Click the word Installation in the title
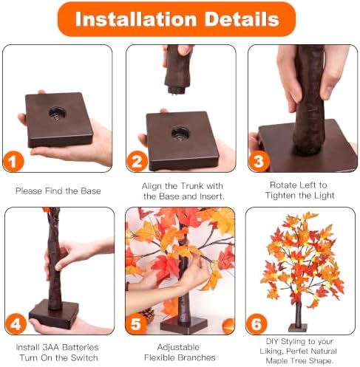pos(136,19)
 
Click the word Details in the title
pos(242,19)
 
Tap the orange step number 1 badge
pos(13,162)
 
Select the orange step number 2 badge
pos(137,162)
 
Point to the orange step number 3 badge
pos(259,162)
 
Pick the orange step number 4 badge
pos(16,324)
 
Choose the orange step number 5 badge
pos(136,324)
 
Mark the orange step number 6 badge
pos(257,324)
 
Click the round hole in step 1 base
pos(57,114)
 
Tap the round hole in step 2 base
pos(180,134)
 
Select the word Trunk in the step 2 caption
pos(191,186)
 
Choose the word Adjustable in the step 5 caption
pos(178,347)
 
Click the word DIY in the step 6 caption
pos(272,341)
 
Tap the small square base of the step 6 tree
pos(298,328)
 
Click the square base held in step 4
pos(54,314)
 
